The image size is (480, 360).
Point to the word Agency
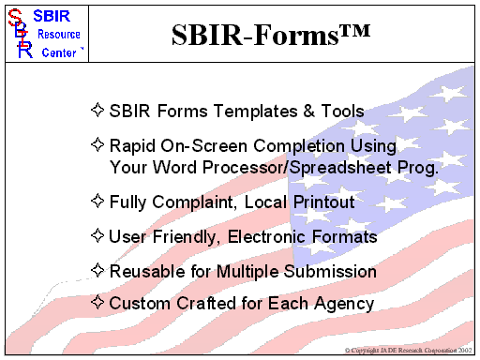[x=345, y=304]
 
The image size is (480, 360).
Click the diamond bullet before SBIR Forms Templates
[x=97, y=111]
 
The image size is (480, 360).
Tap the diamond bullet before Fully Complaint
[x=97, y=201]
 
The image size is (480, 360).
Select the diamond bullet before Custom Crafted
[x=97, y=302]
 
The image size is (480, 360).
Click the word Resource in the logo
[x=58, y=35]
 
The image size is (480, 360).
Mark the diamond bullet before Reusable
[x=97, y=271]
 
